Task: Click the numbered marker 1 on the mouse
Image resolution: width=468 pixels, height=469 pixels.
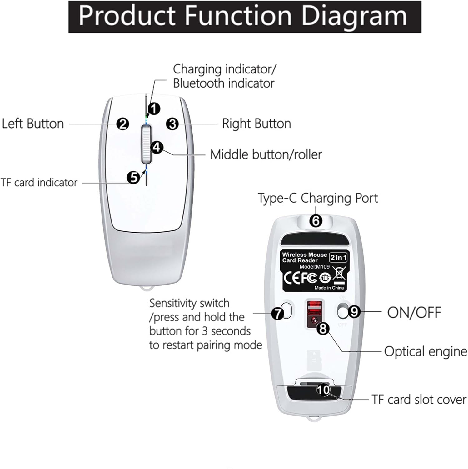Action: tap(154, 109)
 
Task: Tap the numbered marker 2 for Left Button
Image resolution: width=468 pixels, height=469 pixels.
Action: tap(123, 124)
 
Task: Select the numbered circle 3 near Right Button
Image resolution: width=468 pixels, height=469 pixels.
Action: tap(172, 124)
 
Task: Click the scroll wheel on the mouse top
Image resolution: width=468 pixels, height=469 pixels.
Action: tap(146, 144)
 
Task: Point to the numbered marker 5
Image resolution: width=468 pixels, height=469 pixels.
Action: tap(133, 178)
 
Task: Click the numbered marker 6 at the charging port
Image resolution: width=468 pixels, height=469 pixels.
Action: tap(316, 221)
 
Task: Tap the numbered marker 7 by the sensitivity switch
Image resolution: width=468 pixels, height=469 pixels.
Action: tap(277, 313)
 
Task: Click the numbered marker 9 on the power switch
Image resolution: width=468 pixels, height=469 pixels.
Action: tap(354, 312)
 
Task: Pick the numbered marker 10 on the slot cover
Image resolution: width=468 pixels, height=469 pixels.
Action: tap(323, 390)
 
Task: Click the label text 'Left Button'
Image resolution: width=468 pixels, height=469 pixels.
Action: tap(33, 124)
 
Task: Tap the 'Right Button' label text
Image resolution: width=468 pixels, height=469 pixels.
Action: tap(256, 124)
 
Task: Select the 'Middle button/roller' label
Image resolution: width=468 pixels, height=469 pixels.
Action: tap(266, 154)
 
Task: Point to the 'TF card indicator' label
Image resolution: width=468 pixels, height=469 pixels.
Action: tap(39, 183)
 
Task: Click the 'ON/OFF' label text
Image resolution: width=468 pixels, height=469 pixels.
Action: tap(414, 312)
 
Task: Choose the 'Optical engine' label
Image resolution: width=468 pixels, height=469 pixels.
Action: tap(425, 351)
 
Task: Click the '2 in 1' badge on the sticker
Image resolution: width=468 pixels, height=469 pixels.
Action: tap(338, 258)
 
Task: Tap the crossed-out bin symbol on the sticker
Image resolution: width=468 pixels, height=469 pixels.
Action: tap(339, 274)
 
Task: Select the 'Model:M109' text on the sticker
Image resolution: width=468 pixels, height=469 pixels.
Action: tap(314, 267)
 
